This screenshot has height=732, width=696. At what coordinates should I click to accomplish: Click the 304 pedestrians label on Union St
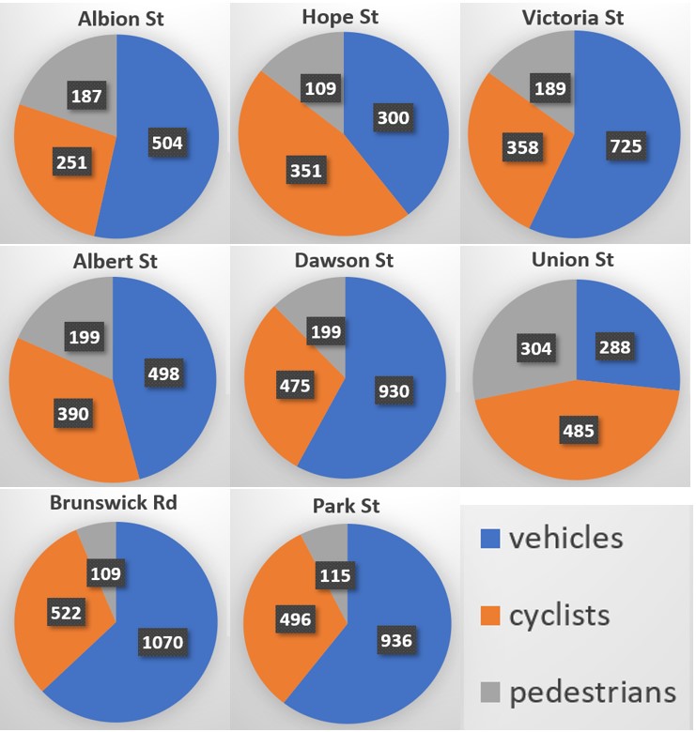pyautogui.click(x=536, y=348)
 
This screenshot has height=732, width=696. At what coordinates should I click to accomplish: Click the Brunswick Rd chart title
pyautogui.click(x=113, y=502)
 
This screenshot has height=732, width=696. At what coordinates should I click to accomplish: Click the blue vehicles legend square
pyautogui.click(x=489, y=539)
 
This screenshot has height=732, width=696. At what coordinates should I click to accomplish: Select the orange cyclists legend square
pyautogui.click(x=489, y=616)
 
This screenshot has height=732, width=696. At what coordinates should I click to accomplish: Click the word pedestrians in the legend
pyautogui.click(x=592, y=693)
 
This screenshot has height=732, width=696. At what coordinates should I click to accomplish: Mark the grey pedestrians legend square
pyautogui.click(x=489, y=692)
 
